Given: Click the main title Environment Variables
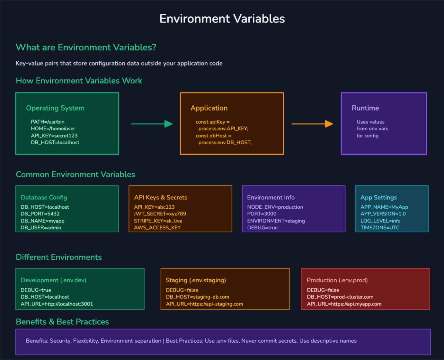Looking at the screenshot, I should (x=222, y=18).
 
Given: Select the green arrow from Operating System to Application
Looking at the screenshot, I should (x=152, y=124).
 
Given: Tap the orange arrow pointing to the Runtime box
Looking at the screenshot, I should (x=312, y=124).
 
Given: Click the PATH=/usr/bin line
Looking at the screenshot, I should (x=48, y=122).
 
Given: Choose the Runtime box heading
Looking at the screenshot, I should (x=365, y=108).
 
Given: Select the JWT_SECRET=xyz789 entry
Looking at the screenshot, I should (x=160, y=214).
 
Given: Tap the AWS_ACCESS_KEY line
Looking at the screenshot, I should (x=157, y=228).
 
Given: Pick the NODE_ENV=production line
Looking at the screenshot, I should (x=275, y=207).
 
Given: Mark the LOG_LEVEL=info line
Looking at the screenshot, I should (x=380, y=221).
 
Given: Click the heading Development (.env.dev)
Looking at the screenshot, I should (x=53, y=280).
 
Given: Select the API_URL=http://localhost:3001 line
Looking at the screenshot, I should (x=57, y=304).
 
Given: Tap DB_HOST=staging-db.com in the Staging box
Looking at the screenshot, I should (x=197, y=297).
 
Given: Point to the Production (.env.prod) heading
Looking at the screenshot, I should (x=337, y=280).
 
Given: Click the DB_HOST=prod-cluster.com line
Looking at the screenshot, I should (x=340, y=297).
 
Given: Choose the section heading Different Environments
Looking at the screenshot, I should (x=59, y=257).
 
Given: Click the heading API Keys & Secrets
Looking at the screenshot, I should (x=161, y=198).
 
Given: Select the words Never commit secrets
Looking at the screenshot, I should (x=269, y=341).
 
